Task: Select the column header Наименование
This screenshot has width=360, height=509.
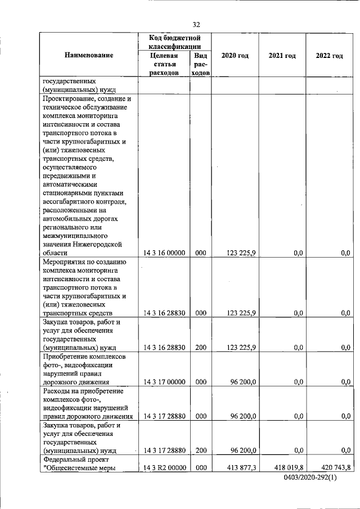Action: click(x=89, y=55)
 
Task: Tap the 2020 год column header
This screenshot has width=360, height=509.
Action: click(x=235, y=55)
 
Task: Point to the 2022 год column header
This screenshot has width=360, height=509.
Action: click(x=329, y=55)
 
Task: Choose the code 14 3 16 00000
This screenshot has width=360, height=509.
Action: click(x=164, y=254)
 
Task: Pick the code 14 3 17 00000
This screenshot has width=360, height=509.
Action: click(x=164, y=382)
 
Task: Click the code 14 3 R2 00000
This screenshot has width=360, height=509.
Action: click(x=164, y=467)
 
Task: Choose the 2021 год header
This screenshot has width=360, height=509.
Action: click(x=282, y=55)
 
